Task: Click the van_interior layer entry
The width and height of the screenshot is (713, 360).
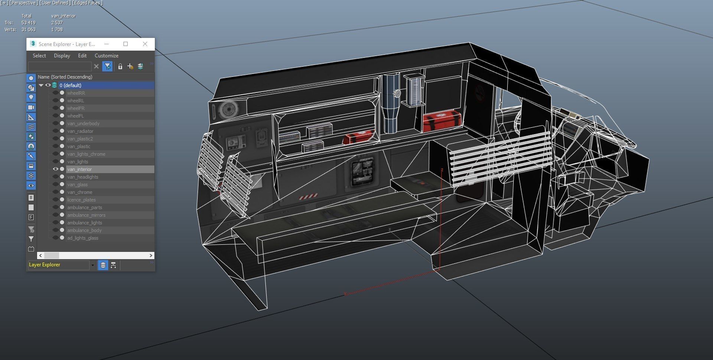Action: pyautogui.click(x=79, y=169)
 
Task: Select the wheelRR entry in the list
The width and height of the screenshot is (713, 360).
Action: pyautogui.click(x=76, y=93)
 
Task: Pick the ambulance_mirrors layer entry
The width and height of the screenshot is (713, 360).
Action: pyautogui.click(x=86, y=215)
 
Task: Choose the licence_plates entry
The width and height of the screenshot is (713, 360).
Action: pyautogui.click(x=81, y=200)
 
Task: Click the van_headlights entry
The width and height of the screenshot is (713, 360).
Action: pyautogui.click(x=82, y=177)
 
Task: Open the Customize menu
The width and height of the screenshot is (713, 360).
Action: pyautogui.click(x=106, y=56)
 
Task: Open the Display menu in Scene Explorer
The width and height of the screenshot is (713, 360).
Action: pyautogui.click(x=62, y=56)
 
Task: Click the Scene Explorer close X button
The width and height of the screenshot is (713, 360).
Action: pyautogui.click(x=145, y=44)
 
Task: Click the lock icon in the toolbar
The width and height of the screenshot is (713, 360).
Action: pyautogui.click(x=120, y=67)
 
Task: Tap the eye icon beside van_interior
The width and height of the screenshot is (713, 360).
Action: pyautogui.click(x=55, y=169)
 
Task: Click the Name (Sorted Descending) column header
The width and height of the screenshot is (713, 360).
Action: pyautogui.click(x=65, y=77)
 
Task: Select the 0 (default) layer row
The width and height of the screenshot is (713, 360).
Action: pyautogui.click(x=70, y=85)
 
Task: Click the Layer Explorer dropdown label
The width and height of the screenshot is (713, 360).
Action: pyautogui.click(x=45, y=265)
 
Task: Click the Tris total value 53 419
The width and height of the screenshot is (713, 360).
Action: pyautogui.click(x=28, y=23)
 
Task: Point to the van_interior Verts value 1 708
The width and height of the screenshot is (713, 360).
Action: pyautogui.click(x=57, y=30)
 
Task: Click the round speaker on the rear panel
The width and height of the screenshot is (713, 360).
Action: pyautogui.click(x=226, y=110)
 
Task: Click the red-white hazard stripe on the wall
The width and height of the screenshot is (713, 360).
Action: pyautogui.click(x=308, y=195)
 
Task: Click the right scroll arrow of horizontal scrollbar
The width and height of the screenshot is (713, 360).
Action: pyautogui.click(x=151, y=256)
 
